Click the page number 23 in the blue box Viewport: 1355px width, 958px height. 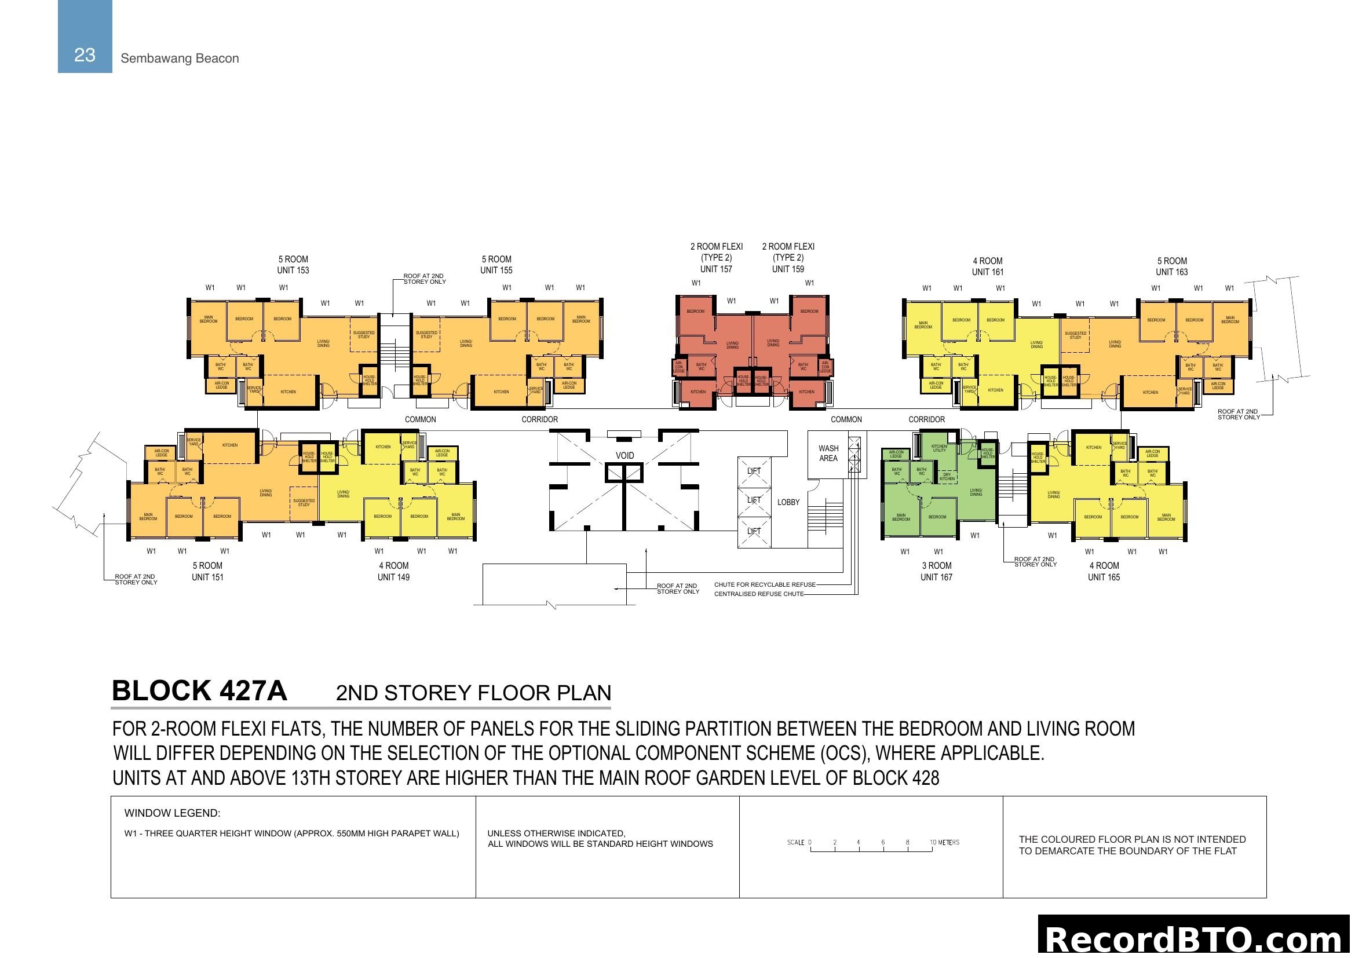85,55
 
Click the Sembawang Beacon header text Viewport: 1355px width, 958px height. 180,58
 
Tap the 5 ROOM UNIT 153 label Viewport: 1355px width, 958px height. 293,265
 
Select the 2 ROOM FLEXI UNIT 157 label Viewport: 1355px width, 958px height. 716,258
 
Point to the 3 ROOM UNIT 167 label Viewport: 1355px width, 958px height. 936,571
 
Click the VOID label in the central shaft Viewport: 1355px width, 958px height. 624,455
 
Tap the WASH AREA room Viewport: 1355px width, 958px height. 828,453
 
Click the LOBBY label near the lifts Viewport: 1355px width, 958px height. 788,502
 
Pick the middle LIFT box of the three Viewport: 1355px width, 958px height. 754,500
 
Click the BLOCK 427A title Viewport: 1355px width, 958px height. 199,691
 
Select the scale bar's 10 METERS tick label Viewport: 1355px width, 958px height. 944,842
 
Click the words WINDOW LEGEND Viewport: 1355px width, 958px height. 171,813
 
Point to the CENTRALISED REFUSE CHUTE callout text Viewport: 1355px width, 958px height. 758,594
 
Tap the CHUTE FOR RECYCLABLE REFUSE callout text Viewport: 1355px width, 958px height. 764,584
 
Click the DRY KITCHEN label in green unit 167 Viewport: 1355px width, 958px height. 947,477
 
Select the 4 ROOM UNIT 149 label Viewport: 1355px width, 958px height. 393,571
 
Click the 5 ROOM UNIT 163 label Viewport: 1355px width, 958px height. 1171,266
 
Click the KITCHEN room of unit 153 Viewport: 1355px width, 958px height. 288,392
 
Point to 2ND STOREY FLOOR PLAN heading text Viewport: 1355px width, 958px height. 473,693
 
